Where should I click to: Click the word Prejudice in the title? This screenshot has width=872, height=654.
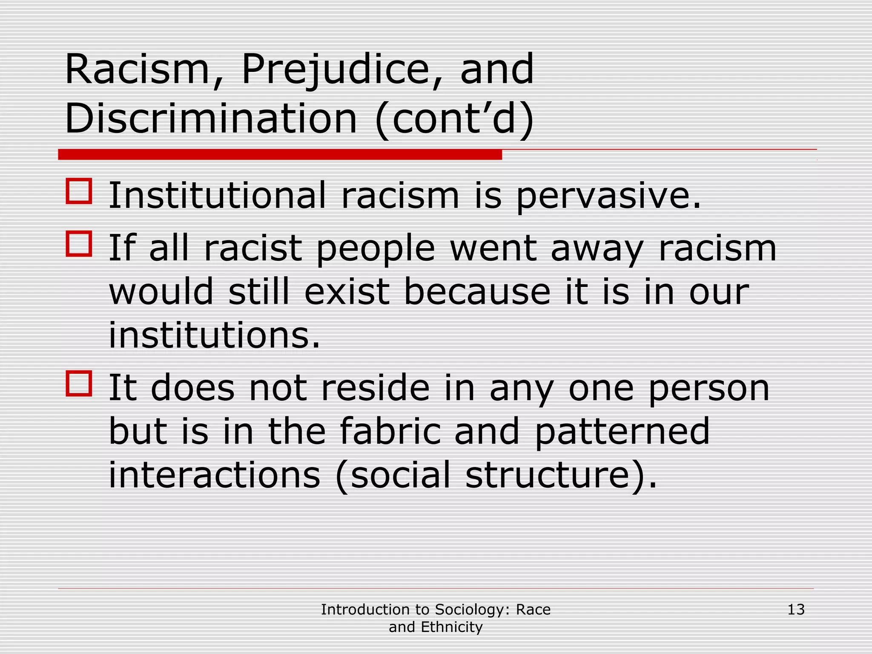click(336, 70)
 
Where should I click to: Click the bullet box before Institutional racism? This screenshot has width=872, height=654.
click(79, 191)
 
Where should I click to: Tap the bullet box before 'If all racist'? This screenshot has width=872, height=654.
click(79, 244)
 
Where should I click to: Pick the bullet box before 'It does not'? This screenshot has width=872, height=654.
click(79, 384)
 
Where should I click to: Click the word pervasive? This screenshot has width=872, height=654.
click(608, 196)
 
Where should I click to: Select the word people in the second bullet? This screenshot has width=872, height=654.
click(376, 249)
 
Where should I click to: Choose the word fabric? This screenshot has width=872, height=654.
click(390, 431)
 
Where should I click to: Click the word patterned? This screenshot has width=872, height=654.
click(622, 432)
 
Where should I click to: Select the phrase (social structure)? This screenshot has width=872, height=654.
click(496, 476)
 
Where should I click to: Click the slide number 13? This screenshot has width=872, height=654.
click(796, 610)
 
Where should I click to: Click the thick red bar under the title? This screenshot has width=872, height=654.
click(280, 155)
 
